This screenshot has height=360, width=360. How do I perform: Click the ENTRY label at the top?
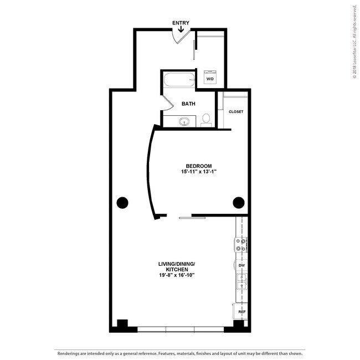click(x=181, y=23)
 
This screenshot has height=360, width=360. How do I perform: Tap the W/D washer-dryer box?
click(x=210, y=78)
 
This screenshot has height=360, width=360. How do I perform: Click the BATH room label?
click(x=188, y=104)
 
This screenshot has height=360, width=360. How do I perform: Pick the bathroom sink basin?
click(x=185, y=121)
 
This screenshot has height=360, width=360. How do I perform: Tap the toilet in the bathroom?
click(x=206, y=119)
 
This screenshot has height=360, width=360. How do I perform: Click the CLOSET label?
click(x=236, y=112)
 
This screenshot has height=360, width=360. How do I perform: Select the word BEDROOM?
click(x=198, y=166)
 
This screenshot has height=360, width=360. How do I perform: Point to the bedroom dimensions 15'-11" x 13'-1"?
click(x=198, y=172)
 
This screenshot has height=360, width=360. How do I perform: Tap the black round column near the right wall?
click(x=239, y=202)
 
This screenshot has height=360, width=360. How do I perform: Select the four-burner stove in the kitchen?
click(x=241, y=245)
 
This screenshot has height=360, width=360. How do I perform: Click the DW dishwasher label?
click(x=241, y=266)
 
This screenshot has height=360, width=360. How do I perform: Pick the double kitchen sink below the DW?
click(x=241, y=282)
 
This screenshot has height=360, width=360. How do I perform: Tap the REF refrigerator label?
click(x=241, y=312)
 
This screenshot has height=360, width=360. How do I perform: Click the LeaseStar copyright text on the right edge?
click(x=354, y=44)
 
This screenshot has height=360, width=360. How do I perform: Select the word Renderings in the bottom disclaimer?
click(x=70, y=353)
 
